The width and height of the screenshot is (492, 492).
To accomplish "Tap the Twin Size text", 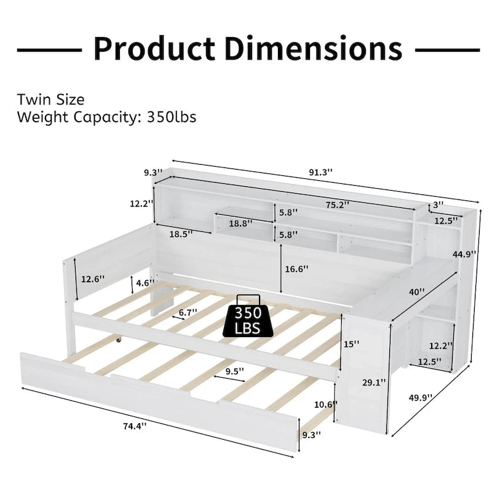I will pyautogui.click(x=50, y=99).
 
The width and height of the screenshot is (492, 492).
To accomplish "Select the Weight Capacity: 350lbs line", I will pyautogui.click(x=106, y=116).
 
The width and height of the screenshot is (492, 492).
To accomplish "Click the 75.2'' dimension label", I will pyautogui.click(x=336, y=204).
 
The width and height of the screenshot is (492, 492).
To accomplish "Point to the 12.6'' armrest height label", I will pyautogui.click(x=93, y=279).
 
